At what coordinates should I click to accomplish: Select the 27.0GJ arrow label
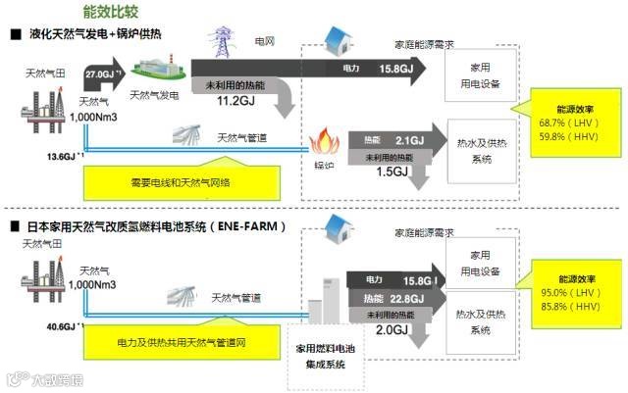(103, 74)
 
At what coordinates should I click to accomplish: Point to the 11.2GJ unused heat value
(235, 100)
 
